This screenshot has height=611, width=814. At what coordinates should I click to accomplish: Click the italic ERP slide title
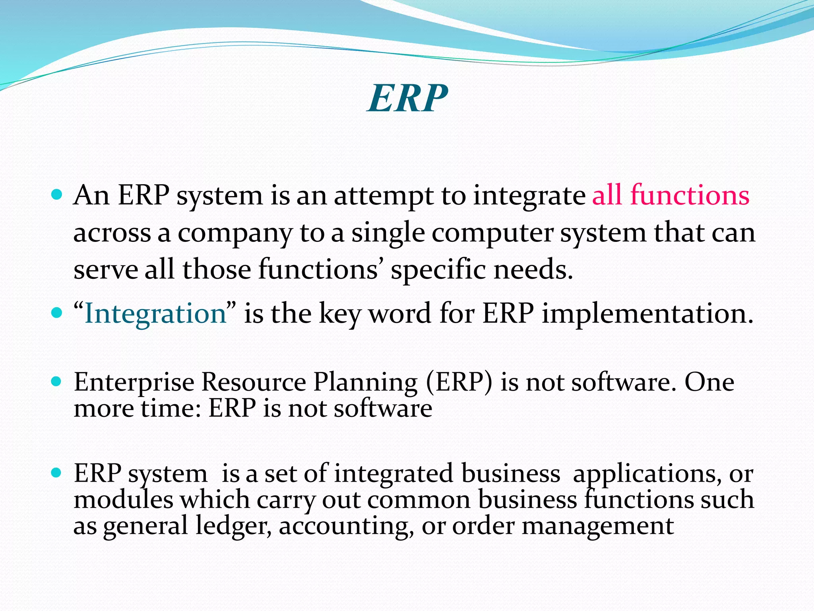click(407, 98)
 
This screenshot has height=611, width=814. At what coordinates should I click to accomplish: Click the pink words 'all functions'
click(671, 195)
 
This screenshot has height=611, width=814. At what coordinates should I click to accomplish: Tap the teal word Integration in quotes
click(155, 313)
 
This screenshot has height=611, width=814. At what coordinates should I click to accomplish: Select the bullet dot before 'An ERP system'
click(57, 195)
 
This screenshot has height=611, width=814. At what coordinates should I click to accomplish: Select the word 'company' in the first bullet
click(235, 234)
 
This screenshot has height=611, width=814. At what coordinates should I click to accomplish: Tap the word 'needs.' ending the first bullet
click(533, 270)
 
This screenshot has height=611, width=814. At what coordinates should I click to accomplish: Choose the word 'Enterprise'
click(134, 383)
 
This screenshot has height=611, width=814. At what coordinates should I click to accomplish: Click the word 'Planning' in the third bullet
click(365, 383)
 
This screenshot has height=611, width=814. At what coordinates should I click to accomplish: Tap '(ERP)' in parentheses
click(459, 383)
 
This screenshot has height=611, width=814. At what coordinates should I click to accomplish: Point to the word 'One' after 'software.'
click(709, 383)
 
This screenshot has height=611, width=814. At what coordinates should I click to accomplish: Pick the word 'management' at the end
click(597, 526)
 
